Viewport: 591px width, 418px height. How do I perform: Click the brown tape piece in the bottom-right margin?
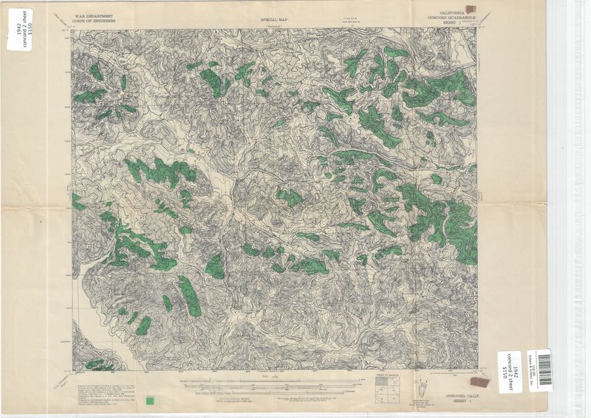point(480,382)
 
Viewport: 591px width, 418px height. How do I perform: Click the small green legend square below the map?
point(151,400)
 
